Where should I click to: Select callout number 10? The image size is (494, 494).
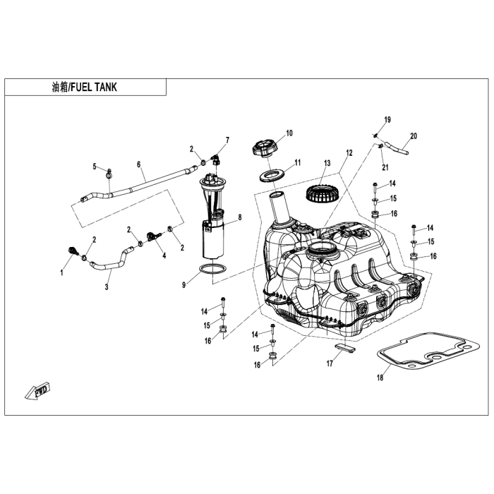(289, 133)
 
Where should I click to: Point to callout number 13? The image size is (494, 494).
(327, 163)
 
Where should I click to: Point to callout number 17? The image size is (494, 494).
(330, 364)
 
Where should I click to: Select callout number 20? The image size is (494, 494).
(414, 135)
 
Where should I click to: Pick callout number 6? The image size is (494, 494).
(139, 165)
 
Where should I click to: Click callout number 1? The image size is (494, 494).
(61, 272)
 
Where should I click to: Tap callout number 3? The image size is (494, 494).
(107, 287)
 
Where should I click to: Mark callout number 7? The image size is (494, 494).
(227, 140)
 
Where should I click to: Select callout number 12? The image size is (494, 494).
(349, 152)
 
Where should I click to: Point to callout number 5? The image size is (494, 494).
(94, 167)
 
